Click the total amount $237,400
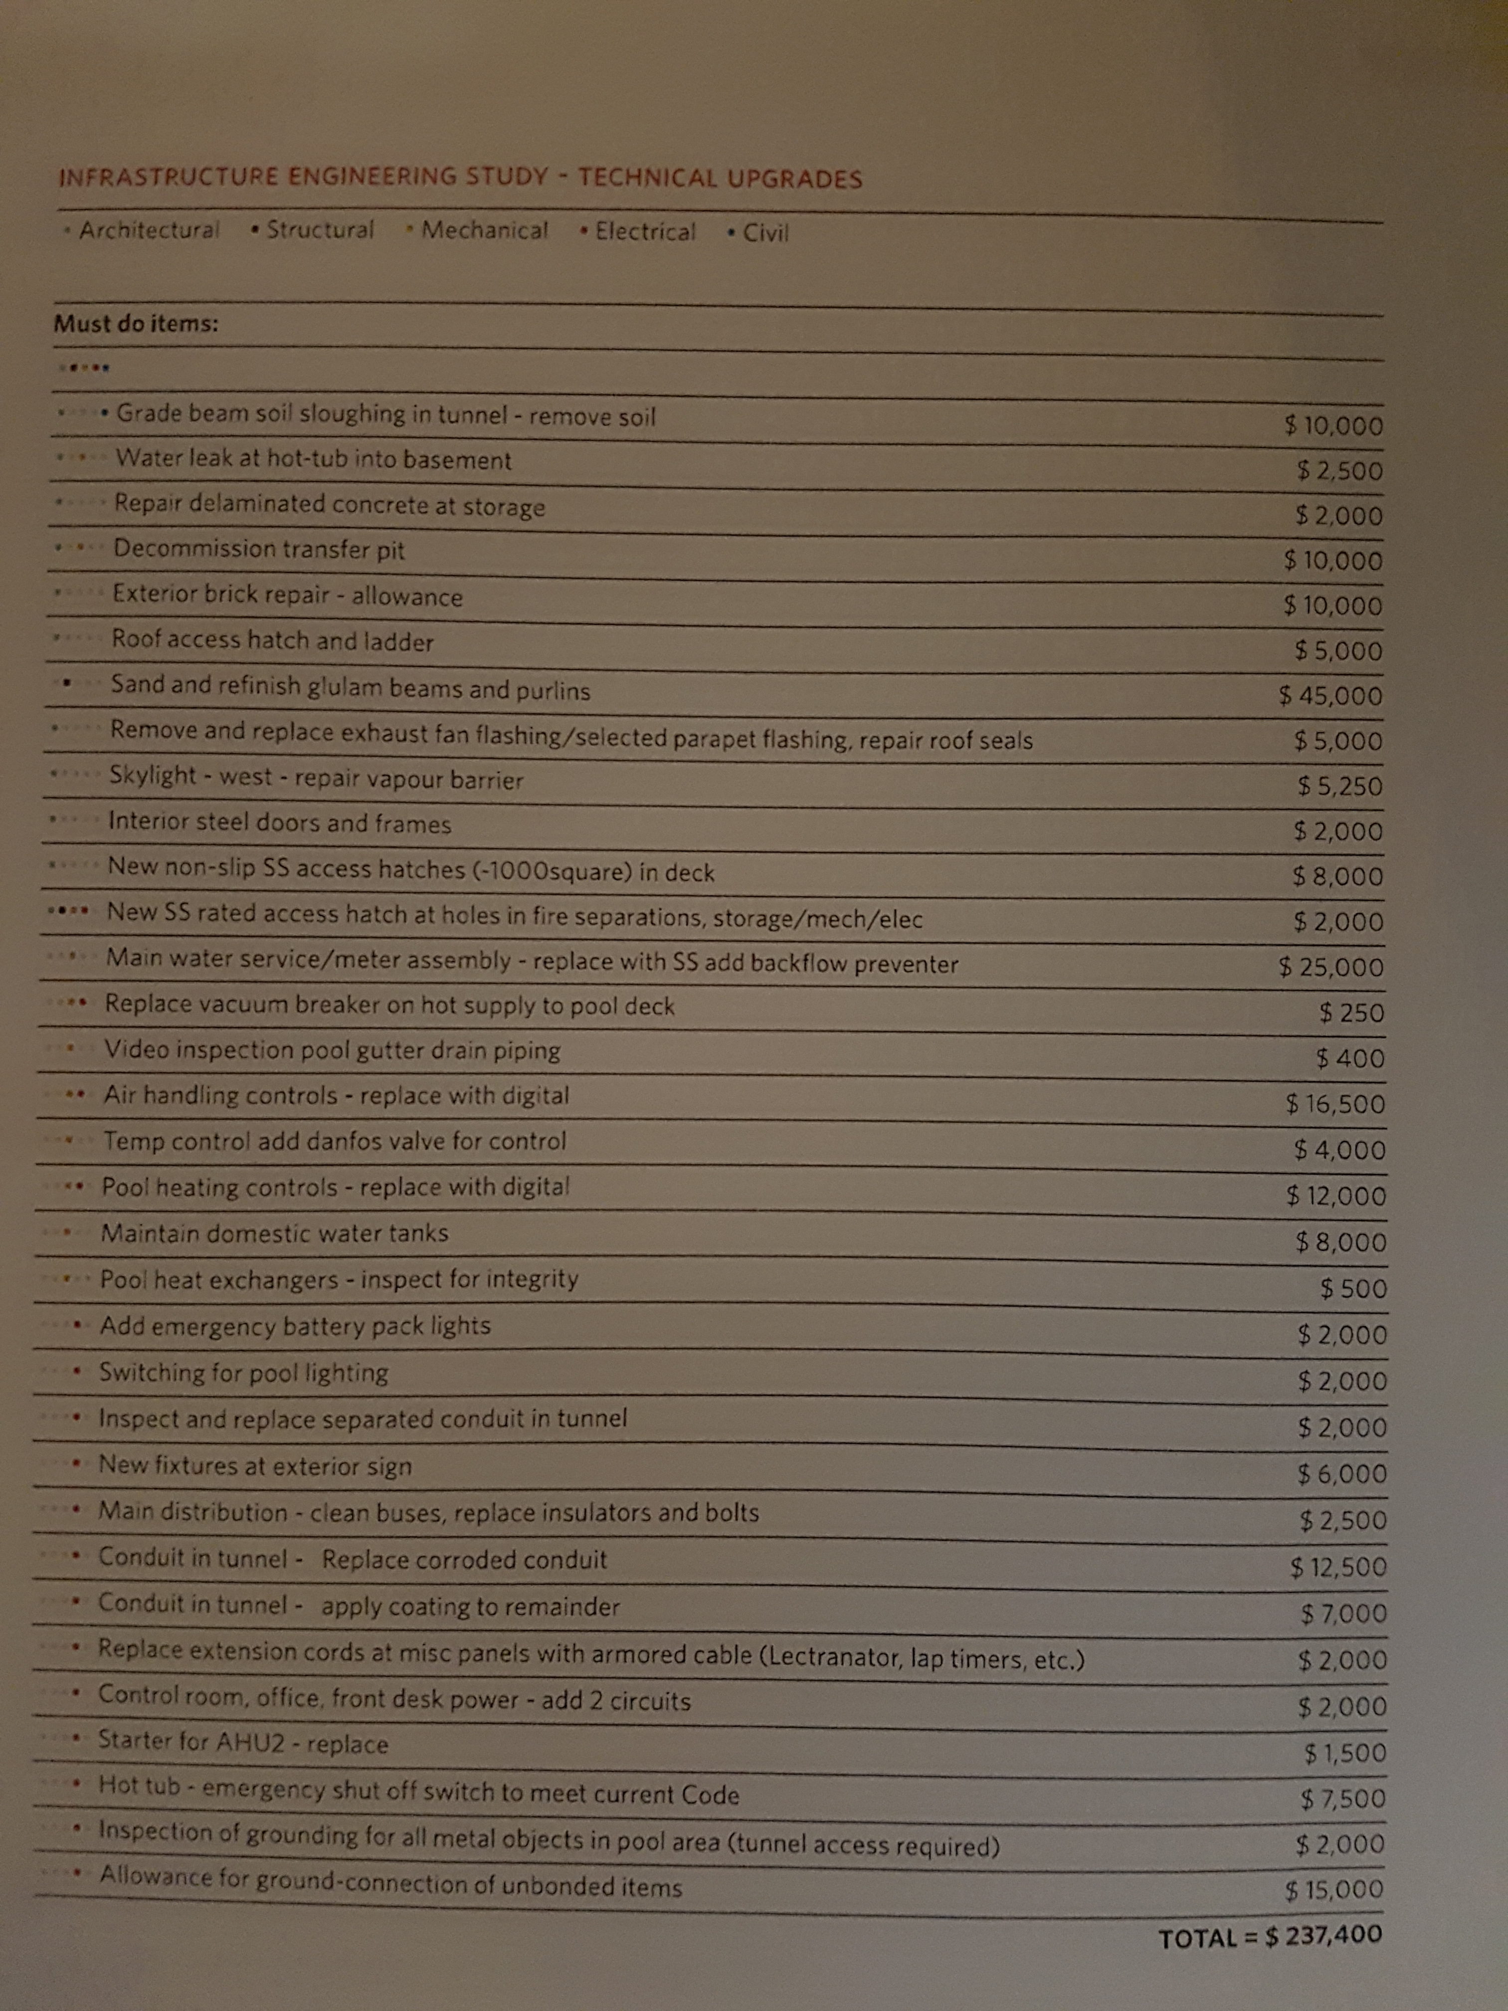click(1323, 1936)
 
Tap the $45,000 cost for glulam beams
click(1331, 696)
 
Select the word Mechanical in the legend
click(485, 231)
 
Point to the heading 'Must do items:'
click(136, 324)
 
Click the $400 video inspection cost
click(1350, 1058)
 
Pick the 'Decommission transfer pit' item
click(258, 549)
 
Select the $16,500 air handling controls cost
click(1335, 1105)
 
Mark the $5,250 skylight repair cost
click(1340, 787)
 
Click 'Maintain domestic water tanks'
click(274, 1234)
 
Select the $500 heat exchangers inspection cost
click(1353, 1289)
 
